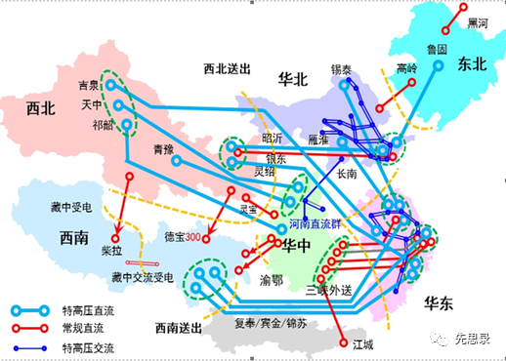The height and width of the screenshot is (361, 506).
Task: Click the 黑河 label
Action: pyautogui.click(x=479, y=22)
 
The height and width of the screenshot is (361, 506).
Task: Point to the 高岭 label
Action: pyautogui.click(x=406, y=69)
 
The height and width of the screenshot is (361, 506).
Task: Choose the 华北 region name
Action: pyautogui.click(x=292, y=78)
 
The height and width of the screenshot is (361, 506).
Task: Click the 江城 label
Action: pyautogui.click(x=364, y=342)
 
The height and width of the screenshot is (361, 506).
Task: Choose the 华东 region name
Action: pyautogui.click(x=441, y=304)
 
